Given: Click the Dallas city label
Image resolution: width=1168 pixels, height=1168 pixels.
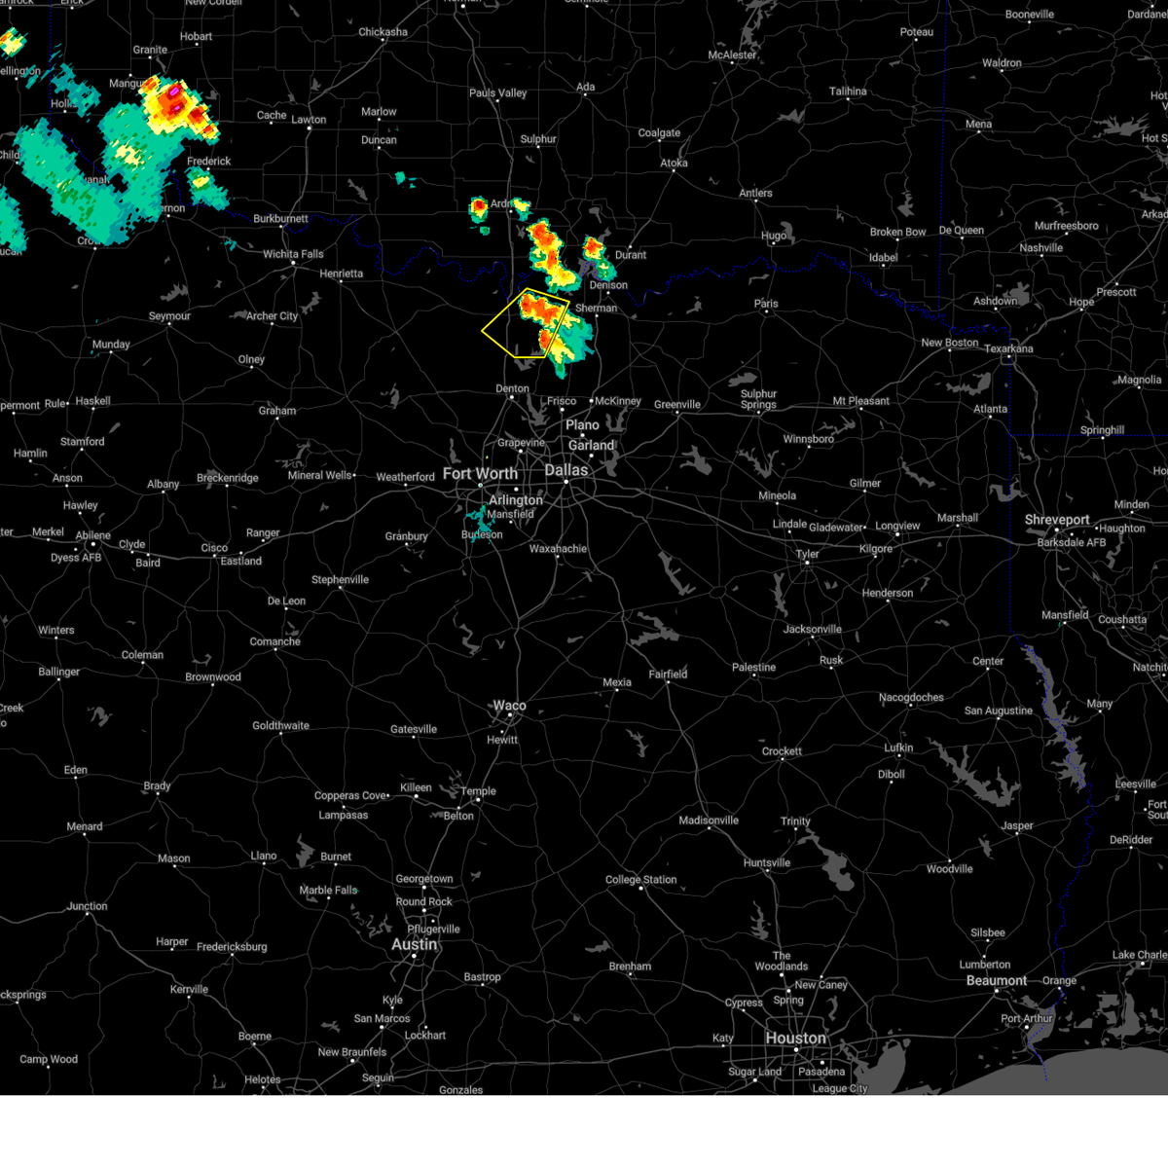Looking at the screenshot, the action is point(566,470).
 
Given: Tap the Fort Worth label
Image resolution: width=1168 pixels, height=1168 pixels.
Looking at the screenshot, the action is point(480,474).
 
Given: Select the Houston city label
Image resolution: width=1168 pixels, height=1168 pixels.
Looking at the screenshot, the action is point(795,1039).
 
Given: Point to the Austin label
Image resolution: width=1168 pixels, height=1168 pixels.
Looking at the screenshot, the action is point(414,944).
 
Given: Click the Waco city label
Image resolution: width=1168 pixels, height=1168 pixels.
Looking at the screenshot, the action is point(509,706).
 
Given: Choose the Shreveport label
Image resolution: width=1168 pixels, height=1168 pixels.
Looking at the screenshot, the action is point(1056,520).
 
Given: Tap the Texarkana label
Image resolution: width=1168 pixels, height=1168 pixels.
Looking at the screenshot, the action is point(1008,348).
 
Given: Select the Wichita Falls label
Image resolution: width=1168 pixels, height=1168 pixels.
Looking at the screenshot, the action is point(293,254).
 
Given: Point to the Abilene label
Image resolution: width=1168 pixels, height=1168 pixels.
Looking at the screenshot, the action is point(93,535).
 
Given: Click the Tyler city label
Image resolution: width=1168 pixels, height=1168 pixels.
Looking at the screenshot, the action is point(808,554).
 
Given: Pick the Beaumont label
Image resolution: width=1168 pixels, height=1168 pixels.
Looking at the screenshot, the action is point(996,980).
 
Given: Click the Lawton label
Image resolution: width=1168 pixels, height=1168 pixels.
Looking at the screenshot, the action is point(309,120).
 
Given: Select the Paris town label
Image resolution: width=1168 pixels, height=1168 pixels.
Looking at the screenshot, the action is point(766,304).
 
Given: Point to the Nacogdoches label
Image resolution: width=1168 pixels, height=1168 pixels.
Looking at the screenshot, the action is point(911,697).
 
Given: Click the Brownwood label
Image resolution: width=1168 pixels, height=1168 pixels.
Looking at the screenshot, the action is point(213,677).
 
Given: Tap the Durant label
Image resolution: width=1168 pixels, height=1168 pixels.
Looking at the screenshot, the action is point(631,255).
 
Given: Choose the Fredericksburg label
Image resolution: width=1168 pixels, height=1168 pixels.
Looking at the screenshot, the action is point(232,947).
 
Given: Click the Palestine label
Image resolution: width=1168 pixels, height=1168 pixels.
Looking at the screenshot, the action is point(754,668).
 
